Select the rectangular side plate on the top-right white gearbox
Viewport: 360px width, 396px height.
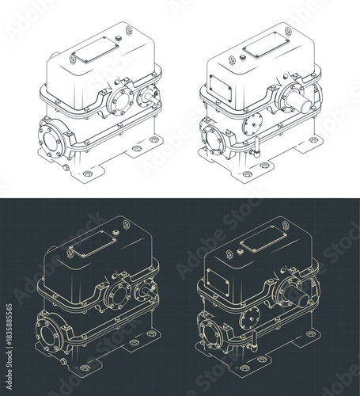(222, 77)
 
